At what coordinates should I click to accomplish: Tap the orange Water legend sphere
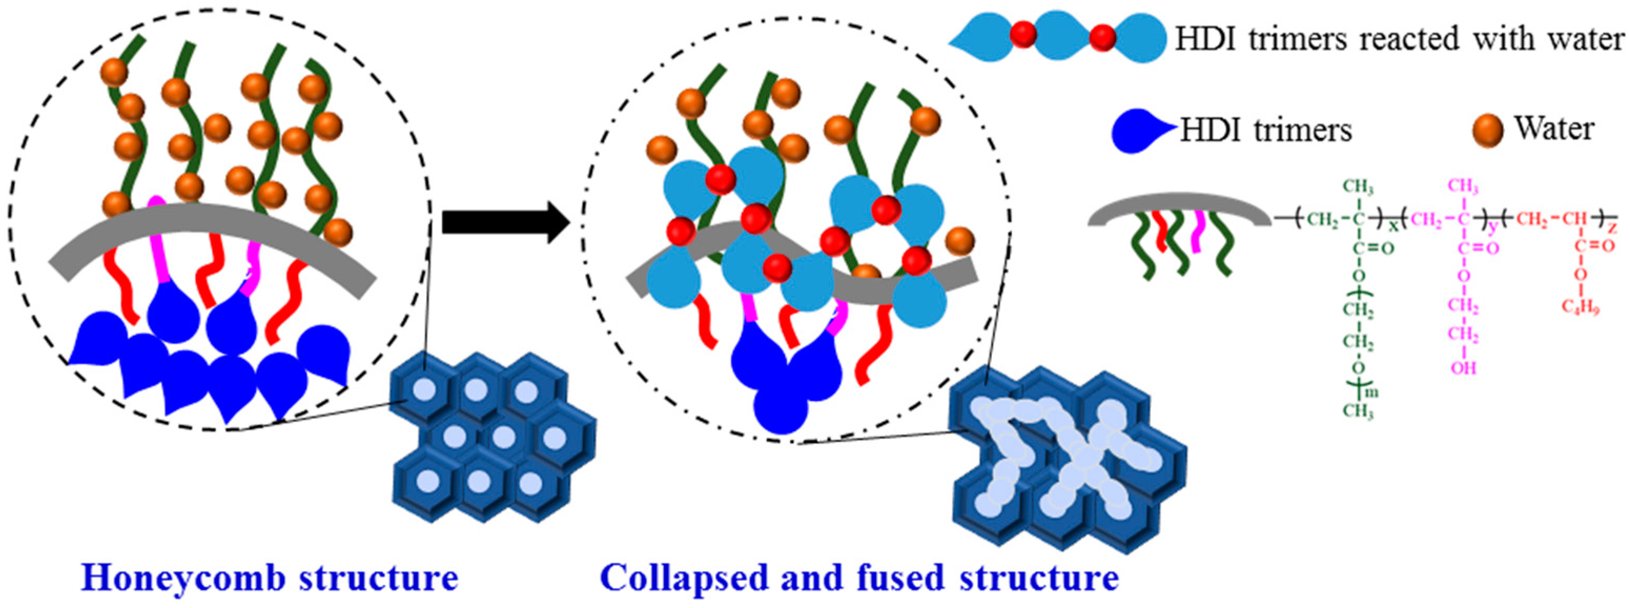[1488, 131]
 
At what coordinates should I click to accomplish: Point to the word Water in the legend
[1553, 129]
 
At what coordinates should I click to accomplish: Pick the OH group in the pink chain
[1463, 367]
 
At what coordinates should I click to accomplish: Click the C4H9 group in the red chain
[1580, 307]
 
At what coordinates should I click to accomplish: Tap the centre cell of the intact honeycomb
[504, 436]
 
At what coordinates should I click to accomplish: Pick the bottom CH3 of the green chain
[1357, 412]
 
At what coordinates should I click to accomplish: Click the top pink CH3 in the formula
[1463, 187]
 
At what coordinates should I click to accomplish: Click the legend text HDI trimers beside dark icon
[1266, 131]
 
